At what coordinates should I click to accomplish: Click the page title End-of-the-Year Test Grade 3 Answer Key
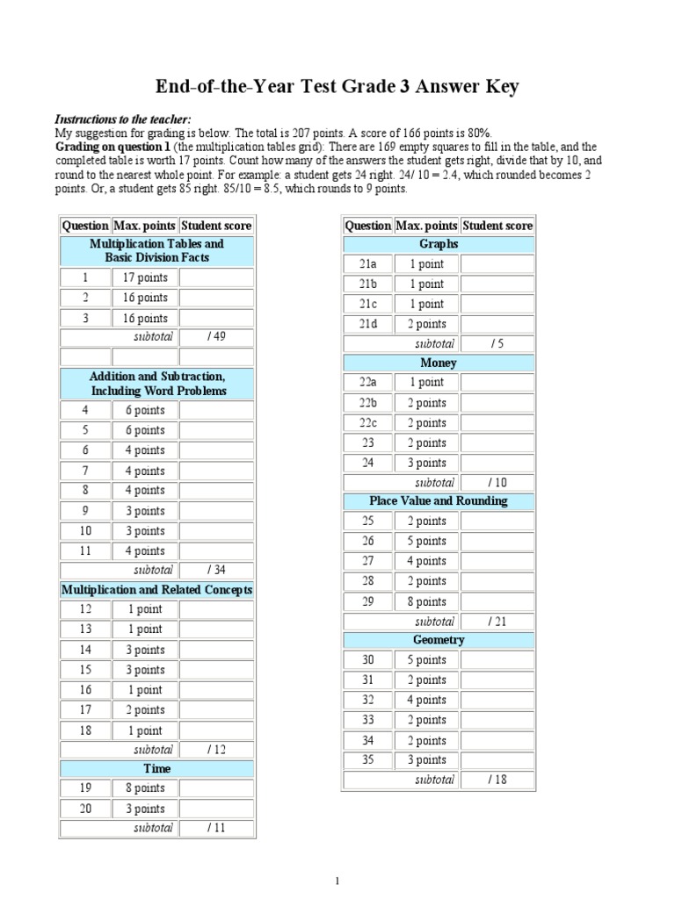337,86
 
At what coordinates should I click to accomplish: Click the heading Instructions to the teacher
122,119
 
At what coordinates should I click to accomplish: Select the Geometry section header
438,640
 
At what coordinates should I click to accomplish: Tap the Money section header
438,363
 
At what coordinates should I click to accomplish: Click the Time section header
156,768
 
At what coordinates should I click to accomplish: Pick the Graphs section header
438,244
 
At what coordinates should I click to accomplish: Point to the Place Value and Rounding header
438,501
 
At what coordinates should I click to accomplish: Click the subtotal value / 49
216,337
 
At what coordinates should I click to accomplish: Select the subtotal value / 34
216,571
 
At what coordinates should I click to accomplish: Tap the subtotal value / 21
497,622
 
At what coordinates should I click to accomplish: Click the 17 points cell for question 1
145,278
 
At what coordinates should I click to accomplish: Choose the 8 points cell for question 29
426,601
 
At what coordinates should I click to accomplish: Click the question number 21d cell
367,324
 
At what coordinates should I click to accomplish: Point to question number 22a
367,383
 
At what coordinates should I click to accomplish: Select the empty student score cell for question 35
497,760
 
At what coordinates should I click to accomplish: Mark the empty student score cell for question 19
216,788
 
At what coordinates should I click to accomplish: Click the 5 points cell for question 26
426,542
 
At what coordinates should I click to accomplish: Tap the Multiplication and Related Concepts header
156,590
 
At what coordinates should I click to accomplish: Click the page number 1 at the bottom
337,881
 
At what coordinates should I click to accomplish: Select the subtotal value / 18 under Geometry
497,780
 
